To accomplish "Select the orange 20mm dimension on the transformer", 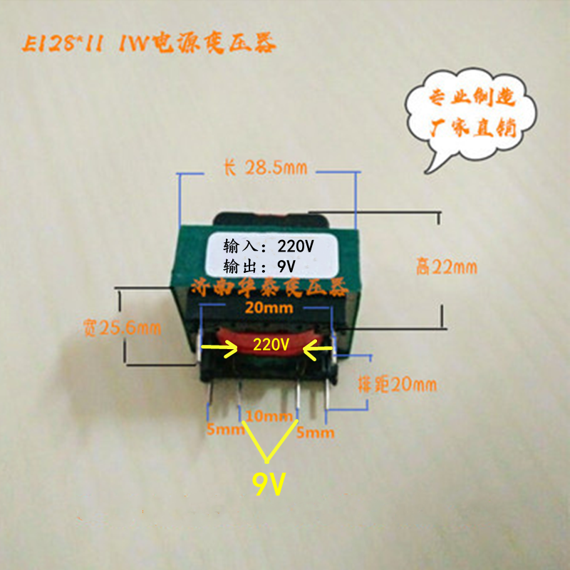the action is [x=263, y=308].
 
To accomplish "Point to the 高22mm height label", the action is [x=447, y=267].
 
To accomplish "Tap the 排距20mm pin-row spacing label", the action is [x=396, y=385].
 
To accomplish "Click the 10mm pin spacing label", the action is [x=270, y=415].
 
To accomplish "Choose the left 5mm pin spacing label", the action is [x=222, y=431].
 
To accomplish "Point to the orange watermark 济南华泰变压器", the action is [x=269, y=288].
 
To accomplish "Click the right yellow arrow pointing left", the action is [x=316, y=348].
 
